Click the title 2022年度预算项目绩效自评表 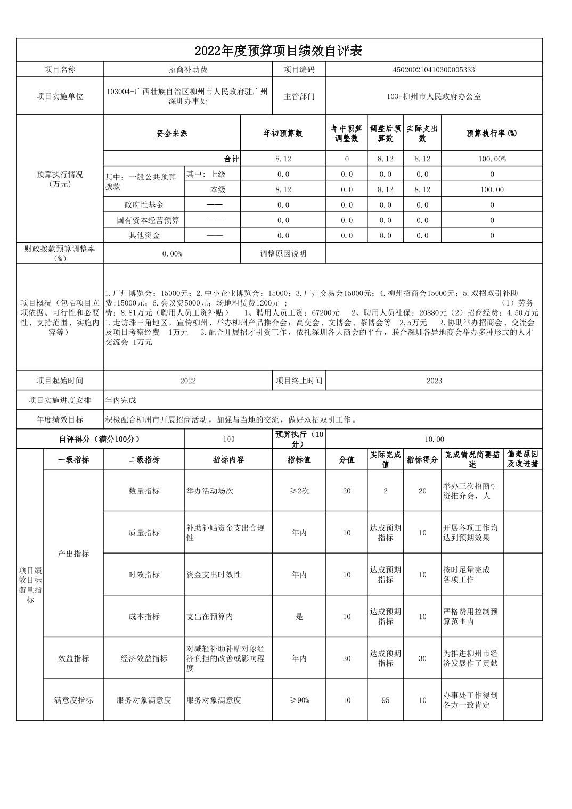(x=279, y=51)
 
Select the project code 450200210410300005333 (x=434, y=70)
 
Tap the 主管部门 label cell (x=299, y=96)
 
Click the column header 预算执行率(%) (x=492, y=133)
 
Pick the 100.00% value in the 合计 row (x=492, y=159)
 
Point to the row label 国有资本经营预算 (x=148, y=220)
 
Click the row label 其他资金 (x=144, y=235)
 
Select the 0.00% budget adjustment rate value (x=172, y=254)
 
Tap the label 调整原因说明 (x=283, y=254)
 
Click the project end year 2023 (x=434, y=381)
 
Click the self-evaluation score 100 (x=228, y=440)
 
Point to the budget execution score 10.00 (x=434, y=440)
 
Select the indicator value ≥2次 (x=299, y=491)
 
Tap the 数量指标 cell (x=144, y=491)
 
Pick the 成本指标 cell (x=144, y=616)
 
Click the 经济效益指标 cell (x=144, y=658)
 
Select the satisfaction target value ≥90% (x=299, y=700)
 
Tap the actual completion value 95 (x=385, y=700)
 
